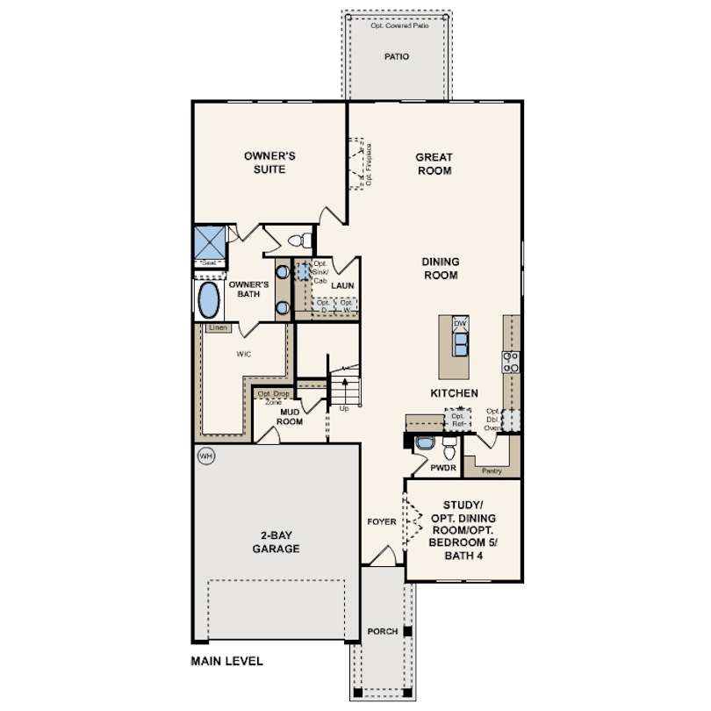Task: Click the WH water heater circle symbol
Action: tap(205, 456)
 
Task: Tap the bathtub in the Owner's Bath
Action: tap(209, 300)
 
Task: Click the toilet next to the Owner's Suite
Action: tap(298, 240)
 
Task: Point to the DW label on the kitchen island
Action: tap(460, 325)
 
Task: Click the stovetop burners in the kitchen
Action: tap(510, 362)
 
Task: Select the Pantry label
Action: tap(492, 470)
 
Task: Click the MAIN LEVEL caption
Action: tap(226, 661)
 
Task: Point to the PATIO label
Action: tap(397, 56)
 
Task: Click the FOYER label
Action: tap(382, 521)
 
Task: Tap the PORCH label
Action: tap(383, 631)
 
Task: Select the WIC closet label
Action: tap(245, 355)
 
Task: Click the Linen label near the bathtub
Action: tap(219, 328)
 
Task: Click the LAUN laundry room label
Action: tap(342, 285)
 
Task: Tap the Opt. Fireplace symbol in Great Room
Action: tap(360, 163)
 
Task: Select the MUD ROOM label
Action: tap(291, 416)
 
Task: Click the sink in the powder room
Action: tap(425, 443)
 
